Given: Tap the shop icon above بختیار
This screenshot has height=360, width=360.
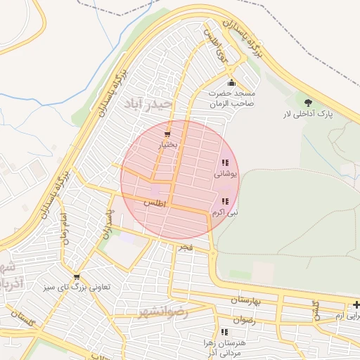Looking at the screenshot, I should coord(167,134).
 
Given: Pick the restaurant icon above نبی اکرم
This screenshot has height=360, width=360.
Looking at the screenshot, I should coord(225,201).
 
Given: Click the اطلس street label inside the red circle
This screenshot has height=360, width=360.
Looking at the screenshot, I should coord(153,202).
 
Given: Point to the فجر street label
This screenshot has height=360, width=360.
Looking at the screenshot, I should coord(186,247).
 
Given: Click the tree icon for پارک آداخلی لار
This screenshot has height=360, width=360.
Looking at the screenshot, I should coord(307,103).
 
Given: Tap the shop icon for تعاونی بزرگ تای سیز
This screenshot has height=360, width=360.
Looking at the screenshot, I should coord(77,276).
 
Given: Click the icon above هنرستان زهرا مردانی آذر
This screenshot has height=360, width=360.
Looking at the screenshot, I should coord(224,331).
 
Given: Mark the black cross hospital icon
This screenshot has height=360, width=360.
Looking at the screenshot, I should coord(356,304).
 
